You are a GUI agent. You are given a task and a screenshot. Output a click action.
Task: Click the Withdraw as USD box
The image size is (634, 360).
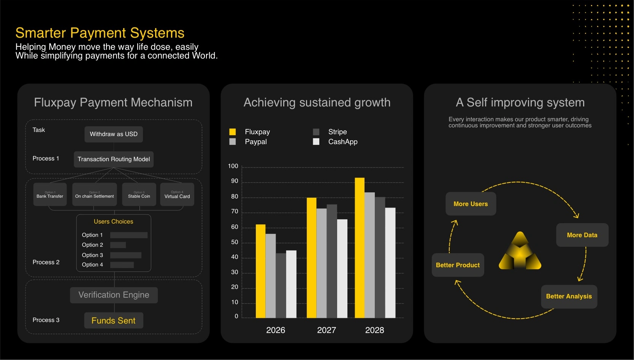(x=114, y=134)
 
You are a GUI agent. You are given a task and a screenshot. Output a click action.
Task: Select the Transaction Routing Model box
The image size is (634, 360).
(x=114, y=159)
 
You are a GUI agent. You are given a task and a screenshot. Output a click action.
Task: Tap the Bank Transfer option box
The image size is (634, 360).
(x=50, y=195)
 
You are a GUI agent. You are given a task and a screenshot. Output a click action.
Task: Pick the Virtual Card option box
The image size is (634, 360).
(x=177, y=195)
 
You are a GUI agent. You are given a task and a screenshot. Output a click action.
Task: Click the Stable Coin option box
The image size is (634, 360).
(x=139, y=195)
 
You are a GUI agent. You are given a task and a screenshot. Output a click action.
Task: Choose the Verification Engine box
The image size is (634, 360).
(x=114, y=295)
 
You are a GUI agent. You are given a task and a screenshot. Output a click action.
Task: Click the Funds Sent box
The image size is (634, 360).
(x=114, y=320)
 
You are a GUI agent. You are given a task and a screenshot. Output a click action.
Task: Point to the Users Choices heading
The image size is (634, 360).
(x=114, y=222)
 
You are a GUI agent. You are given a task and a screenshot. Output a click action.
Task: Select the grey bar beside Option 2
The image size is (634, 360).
(x=118, y=245)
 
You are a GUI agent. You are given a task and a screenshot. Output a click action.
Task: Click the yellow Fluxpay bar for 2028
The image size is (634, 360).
(x=360, y=247)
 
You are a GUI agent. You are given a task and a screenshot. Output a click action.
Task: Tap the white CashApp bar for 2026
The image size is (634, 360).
(x=291, y=284)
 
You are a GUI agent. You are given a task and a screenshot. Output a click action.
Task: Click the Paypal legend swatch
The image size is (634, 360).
(x=233, y=142)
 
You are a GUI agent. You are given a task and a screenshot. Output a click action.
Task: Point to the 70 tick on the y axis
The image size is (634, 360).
(x=235, y=212)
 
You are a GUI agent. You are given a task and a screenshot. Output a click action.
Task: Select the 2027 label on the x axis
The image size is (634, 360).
(x=327, y=330)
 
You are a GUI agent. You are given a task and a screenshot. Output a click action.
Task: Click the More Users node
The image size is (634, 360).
(x=471, y=204)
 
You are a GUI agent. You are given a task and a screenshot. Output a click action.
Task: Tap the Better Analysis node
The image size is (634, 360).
(x=569, y=297)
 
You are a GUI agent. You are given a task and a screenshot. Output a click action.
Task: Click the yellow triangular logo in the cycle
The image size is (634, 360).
(x=520, y=252)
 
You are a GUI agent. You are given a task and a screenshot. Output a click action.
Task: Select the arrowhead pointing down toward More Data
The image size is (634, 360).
(x=576, y=216)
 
